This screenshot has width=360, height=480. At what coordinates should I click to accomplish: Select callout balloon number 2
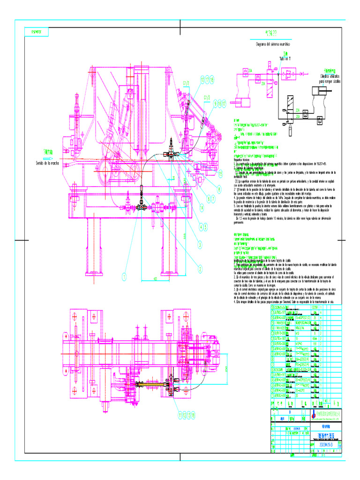coord(200,268)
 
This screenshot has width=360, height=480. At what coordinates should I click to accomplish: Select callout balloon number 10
coord(202,80)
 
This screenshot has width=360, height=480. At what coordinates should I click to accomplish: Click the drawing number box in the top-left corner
coord(36,32)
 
